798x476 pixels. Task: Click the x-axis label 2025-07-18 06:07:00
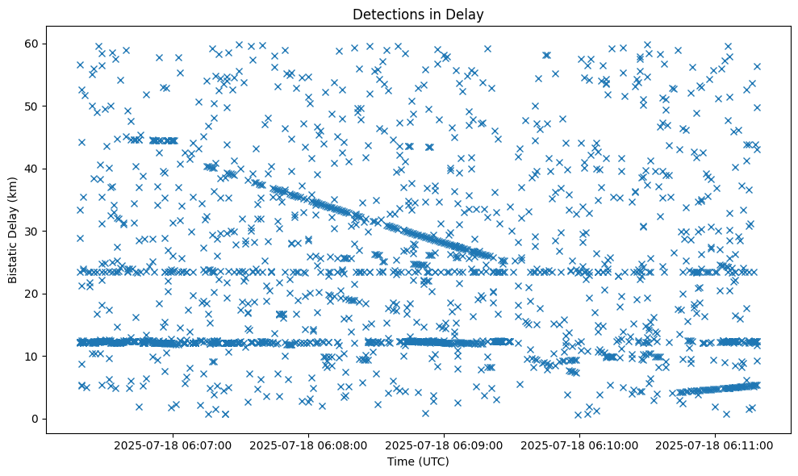click(x=173, y=445)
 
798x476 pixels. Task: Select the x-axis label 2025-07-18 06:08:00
click(x=308, y=445)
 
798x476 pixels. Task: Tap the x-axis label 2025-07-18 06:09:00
click(x=444, y=445)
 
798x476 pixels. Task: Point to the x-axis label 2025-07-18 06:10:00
click(x=579, y=445)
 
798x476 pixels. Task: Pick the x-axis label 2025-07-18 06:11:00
click(x=715, y=445)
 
